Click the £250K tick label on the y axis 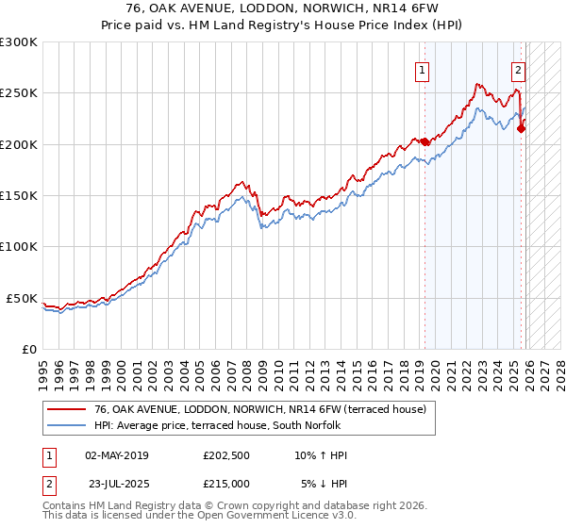point(19,93)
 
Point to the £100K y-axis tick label point(19,246)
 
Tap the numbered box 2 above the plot point(518,69)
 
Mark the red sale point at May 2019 point(424,141)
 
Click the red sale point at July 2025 point(521,129)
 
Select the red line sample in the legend point(67,409)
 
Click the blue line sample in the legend point(67,425)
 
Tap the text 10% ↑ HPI point(322,455)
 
